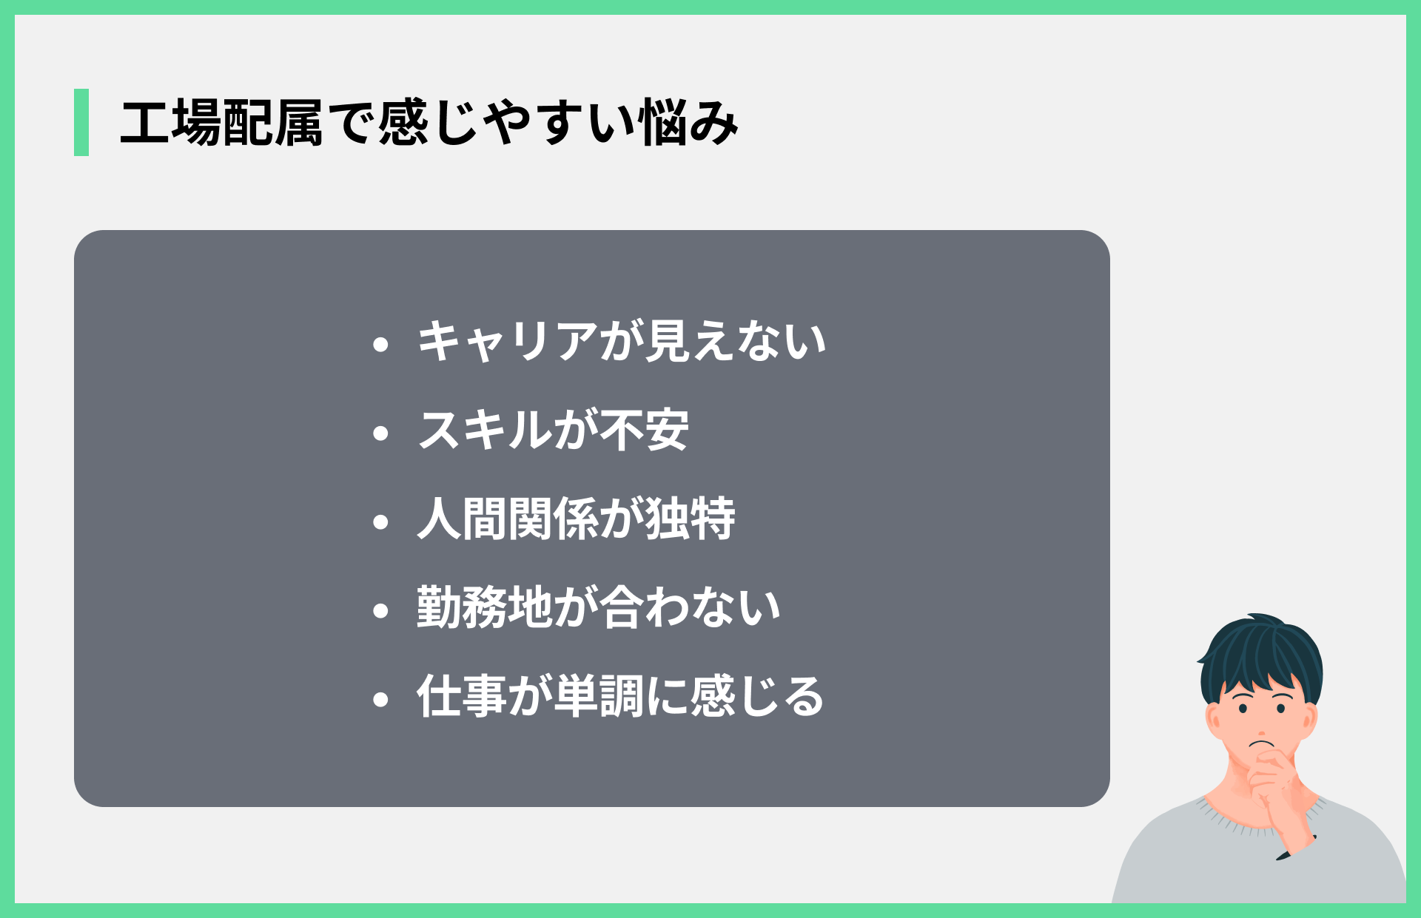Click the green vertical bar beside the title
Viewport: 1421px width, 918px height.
click(81, 122)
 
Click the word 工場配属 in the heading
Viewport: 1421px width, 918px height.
click(221, 123)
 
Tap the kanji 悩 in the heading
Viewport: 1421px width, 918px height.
click(663, 123)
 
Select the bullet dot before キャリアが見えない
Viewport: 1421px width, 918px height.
click(381, 344)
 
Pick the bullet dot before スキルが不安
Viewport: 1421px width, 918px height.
click(381, 433)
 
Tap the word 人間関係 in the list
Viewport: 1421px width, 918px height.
click(508, 519)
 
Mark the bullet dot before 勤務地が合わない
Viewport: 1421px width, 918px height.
click(381, 610)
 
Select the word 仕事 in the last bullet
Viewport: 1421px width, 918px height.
click(462, 697)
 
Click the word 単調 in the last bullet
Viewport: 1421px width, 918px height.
click(599, 697)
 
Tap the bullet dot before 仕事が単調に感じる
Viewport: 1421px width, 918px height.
click(381, 699)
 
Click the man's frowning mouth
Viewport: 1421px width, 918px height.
click(1261, 743)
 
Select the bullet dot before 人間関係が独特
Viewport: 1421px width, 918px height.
click(381, 522)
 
